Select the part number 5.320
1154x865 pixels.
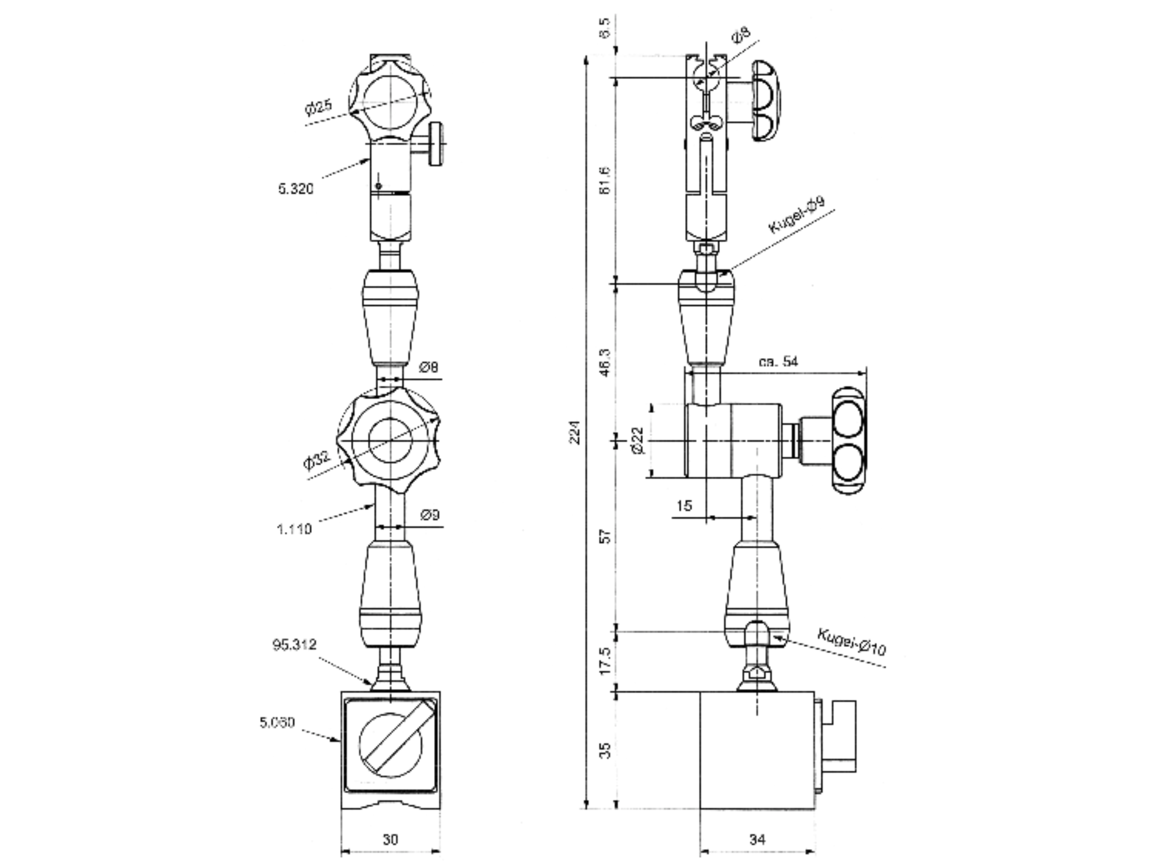click(x=296, y=189)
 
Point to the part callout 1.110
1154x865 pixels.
click(x=294, y=530)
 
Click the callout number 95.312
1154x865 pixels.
click(x=294, y=645)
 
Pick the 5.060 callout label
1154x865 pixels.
click(x=277, y=723)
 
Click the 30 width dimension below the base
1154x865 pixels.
click(x=390, y=839)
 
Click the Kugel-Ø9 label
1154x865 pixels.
click(x=797, y=215)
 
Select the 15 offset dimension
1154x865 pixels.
click(x=684, y=506)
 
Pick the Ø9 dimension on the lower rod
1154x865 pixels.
click(x=430, y=515)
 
